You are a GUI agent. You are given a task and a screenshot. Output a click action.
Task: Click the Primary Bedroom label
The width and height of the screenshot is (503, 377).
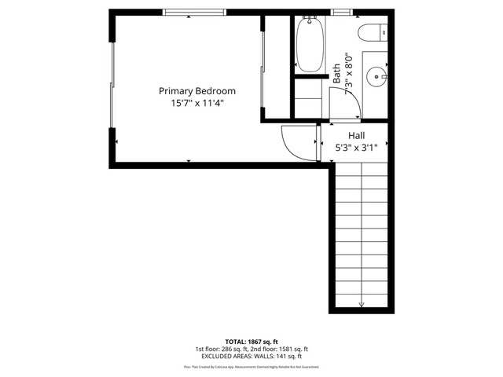[197, 91]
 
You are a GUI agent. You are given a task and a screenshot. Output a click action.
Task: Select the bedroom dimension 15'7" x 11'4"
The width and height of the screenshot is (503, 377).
[197, 103]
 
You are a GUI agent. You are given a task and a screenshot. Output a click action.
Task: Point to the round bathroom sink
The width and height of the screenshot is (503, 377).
[378, 77]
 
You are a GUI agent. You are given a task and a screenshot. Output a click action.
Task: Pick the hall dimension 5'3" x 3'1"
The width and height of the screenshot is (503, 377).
[362, 147]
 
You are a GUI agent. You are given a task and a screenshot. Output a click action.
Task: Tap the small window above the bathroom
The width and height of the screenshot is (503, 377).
[341, 12]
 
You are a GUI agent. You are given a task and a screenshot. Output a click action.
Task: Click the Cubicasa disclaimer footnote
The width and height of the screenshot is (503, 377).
[251, 366]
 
